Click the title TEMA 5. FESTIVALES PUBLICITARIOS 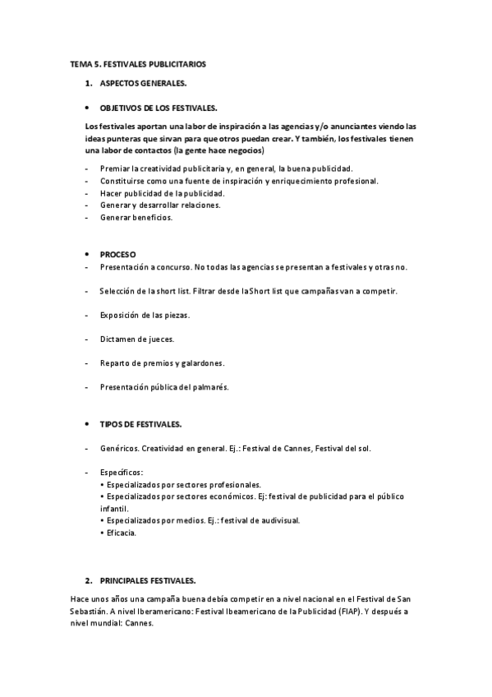click(x=138, y=63)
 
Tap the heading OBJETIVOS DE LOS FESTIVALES click(x=159, y=108)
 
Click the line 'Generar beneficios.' click(x=136, y=218)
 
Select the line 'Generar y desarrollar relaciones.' click(x=160, y=205)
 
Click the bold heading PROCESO click(x=118, y=254)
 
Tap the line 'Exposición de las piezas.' click(x=145, y=315)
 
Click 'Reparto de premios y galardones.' click(x=163, y=362)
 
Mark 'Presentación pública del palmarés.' click(x=164, y=386)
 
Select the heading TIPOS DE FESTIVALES click(x=140, y=424)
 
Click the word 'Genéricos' click(x=119, y=448)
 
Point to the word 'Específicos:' click(x=122, y=473)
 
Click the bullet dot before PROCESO click(x=88, y=254)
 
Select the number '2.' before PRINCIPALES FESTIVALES click(x=89, y=579)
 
